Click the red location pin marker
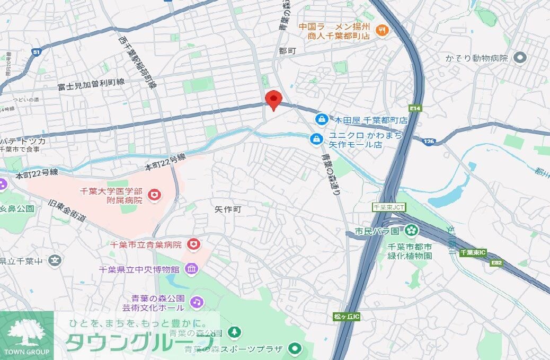click(x=273, y=100)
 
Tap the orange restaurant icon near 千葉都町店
click(x=380, y=31)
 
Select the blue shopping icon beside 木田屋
click(x=321, y=119)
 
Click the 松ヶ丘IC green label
click(x=347, y=317)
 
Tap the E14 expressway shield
click(x=415, y=109)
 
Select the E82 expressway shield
click(x=496, y=262)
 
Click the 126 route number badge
click(x=429, y=141)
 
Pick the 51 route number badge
click(x=36, y=51)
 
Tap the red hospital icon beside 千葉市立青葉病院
click(x=194, y=244)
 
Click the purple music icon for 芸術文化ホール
click(x=197, y=302)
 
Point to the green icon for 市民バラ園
click(x=411, y=231)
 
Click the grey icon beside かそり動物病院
click(x=520, y=57)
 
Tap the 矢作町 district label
click(x=228, y=209)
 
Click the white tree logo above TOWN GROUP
click(x=27, y=333)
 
